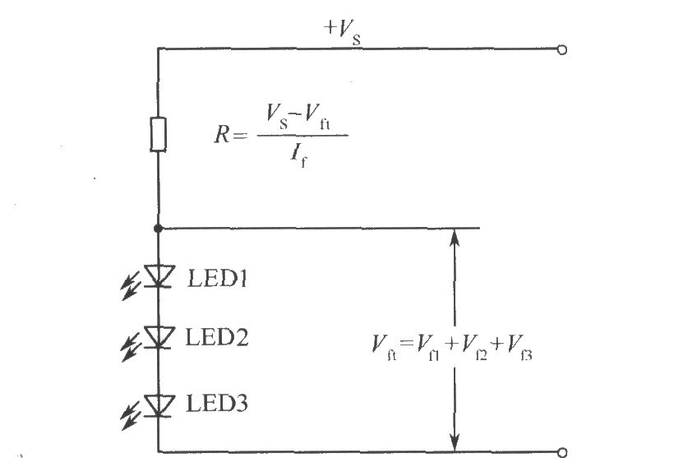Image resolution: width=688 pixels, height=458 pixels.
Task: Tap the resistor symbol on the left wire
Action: click(159, 134)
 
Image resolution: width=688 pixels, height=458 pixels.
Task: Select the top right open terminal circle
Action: click(562, 49)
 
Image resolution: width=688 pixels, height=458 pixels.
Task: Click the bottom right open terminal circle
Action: click(562, 451)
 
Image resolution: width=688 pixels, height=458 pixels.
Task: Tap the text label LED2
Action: click(217, 336)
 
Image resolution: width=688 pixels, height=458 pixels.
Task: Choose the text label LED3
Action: click(217, 404)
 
